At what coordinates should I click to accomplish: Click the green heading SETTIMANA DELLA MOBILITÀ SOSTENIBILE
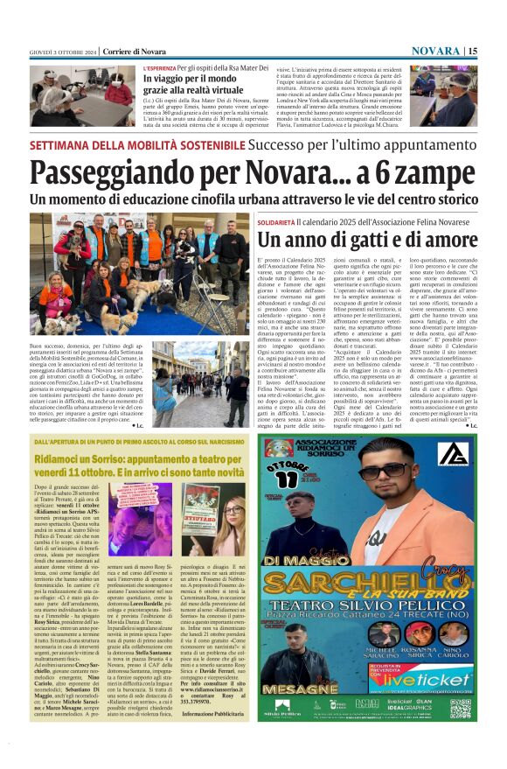click(x=128, y=145)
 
